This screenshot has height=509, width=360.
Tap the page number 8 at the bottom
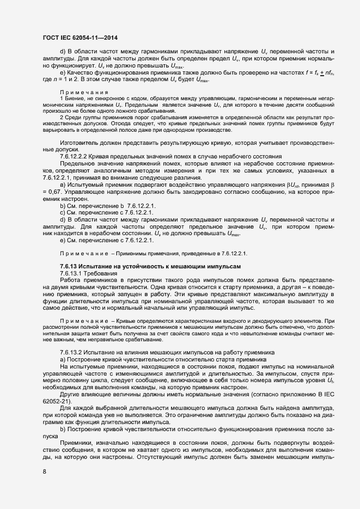(x=44, y=471)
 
